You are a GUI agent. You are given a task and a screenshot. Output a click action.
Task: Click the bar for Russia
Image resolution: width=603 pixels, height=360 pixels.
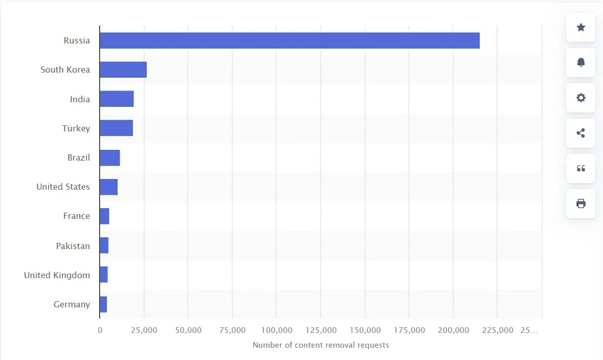289,40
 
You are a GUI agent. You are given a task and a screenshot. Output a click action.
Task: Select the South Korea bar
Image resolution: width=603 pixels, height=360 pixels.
123,70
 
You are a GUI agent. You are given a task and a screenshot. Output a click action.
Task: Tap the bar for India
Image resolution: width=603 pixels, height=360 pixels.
117,99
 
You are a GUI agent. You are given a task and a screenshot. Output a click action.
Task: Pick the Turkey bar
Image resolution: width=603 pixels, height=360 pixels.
117,128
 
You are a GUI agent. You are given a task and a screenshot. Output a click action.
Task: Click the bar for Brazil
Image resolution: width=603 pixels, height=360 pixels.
110,157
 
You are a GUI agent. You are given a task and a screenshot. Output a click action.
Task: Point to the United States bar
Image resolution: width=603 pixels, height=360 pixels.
109,187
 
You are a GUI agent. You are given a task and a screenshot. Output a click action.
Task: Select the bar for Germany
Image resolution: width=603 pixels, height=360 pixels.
103,304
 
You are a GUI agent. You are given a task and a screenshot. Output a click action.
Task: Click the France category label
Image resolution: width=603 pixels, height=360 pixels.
77,216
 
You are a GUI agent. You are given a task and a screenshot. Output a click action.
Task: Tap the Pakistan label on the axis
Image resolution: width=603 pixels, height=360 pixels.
73,246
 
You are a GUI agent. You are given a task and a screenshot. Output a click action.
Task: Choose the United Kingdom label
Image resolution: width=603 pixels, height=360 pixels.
57,275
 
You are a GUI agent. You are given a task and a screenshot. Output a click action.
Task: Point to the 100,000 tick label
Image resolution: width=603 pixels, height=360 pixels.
277,330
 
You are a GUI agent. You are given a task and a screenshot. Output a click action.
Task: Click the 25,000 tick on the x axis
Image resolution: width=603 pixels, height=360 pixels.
144,330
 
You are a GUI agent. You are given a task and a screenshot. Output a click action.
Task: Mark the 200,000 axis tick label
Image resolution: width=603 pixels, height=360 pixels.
454,330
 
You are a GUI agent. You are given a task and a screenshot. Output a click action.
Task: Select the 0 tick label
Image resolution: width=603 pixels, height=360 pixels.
100,330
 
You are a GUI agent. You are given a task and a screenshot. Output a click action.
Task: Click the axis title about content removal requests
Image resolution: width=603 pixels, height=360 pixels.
321,345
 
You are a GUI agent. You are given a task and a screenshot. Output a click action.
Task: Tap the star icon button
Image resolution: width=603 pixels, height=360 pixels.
580,27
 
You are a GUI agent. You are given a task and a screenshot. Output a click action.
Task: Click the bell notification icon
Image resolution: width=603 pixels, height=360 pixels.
580,62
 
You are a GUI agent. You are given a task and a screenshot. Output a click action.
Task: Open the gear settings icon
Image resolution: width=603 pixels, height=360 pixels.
580,98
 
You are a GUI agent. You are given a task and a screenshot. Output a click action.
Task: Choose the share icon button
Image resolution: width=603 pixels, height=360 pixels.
580,133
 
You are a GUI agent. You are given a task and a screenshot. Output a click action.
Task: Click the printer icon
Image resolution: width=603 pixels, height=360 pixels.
580,204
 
